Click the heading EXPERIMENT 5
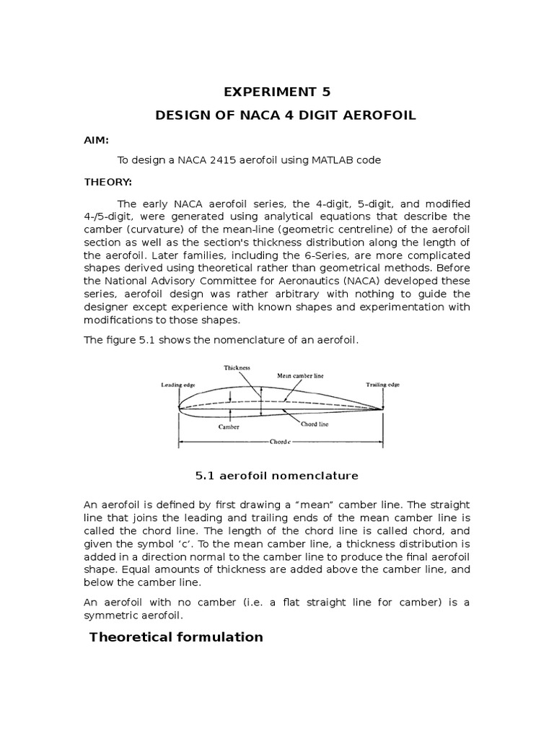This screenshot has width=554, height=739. (277, 92)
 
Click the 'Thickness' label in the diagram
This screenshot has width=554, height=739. (237, 367)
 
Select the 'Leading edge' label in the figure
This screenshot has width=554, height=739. (177, 385)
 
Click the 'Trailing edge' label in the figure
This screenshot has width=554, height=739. (382, 385)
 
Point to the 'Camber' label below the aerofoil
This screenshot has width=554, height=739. (229, 427)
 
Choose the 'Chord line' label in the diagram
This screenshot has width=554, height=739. (315, 424)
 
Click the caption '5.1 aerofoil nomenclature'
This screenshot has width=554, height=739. (277, 476)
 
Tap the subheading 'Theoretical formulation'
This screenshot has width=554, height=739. (175, 637)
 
